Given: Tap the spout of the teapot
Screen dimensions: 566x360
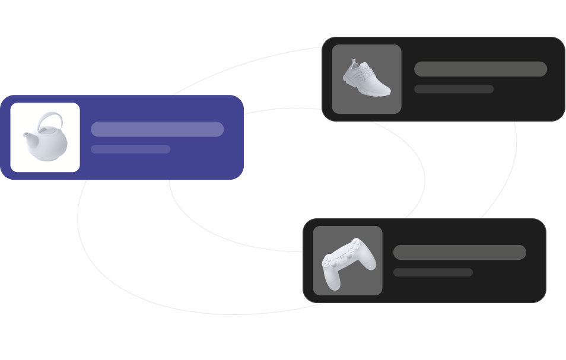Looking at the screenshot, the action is point(27,138).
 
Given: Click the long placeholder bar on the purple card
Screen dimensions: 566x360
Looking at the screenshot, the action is point(157,129).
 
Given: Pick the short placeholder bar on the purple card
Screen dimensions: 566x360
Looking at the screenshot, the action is point(131,149).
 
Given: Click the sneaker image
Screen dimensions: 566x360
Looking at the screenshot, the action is point(366,79).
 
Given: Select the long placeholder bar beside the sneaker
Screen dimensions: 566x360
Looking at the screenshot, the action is point(481,69).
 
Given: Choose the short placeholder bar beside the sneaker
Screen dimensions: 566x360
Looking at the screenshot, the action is point(454,89).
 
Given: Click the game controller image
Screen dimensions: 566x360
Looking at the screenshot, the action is point(348,262).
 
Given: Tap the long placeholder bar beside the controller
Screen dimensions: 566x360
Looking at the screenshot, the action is point(460,252).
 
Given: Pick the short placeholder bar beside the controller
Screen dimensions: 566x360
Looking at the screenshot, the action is point(433,272).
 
